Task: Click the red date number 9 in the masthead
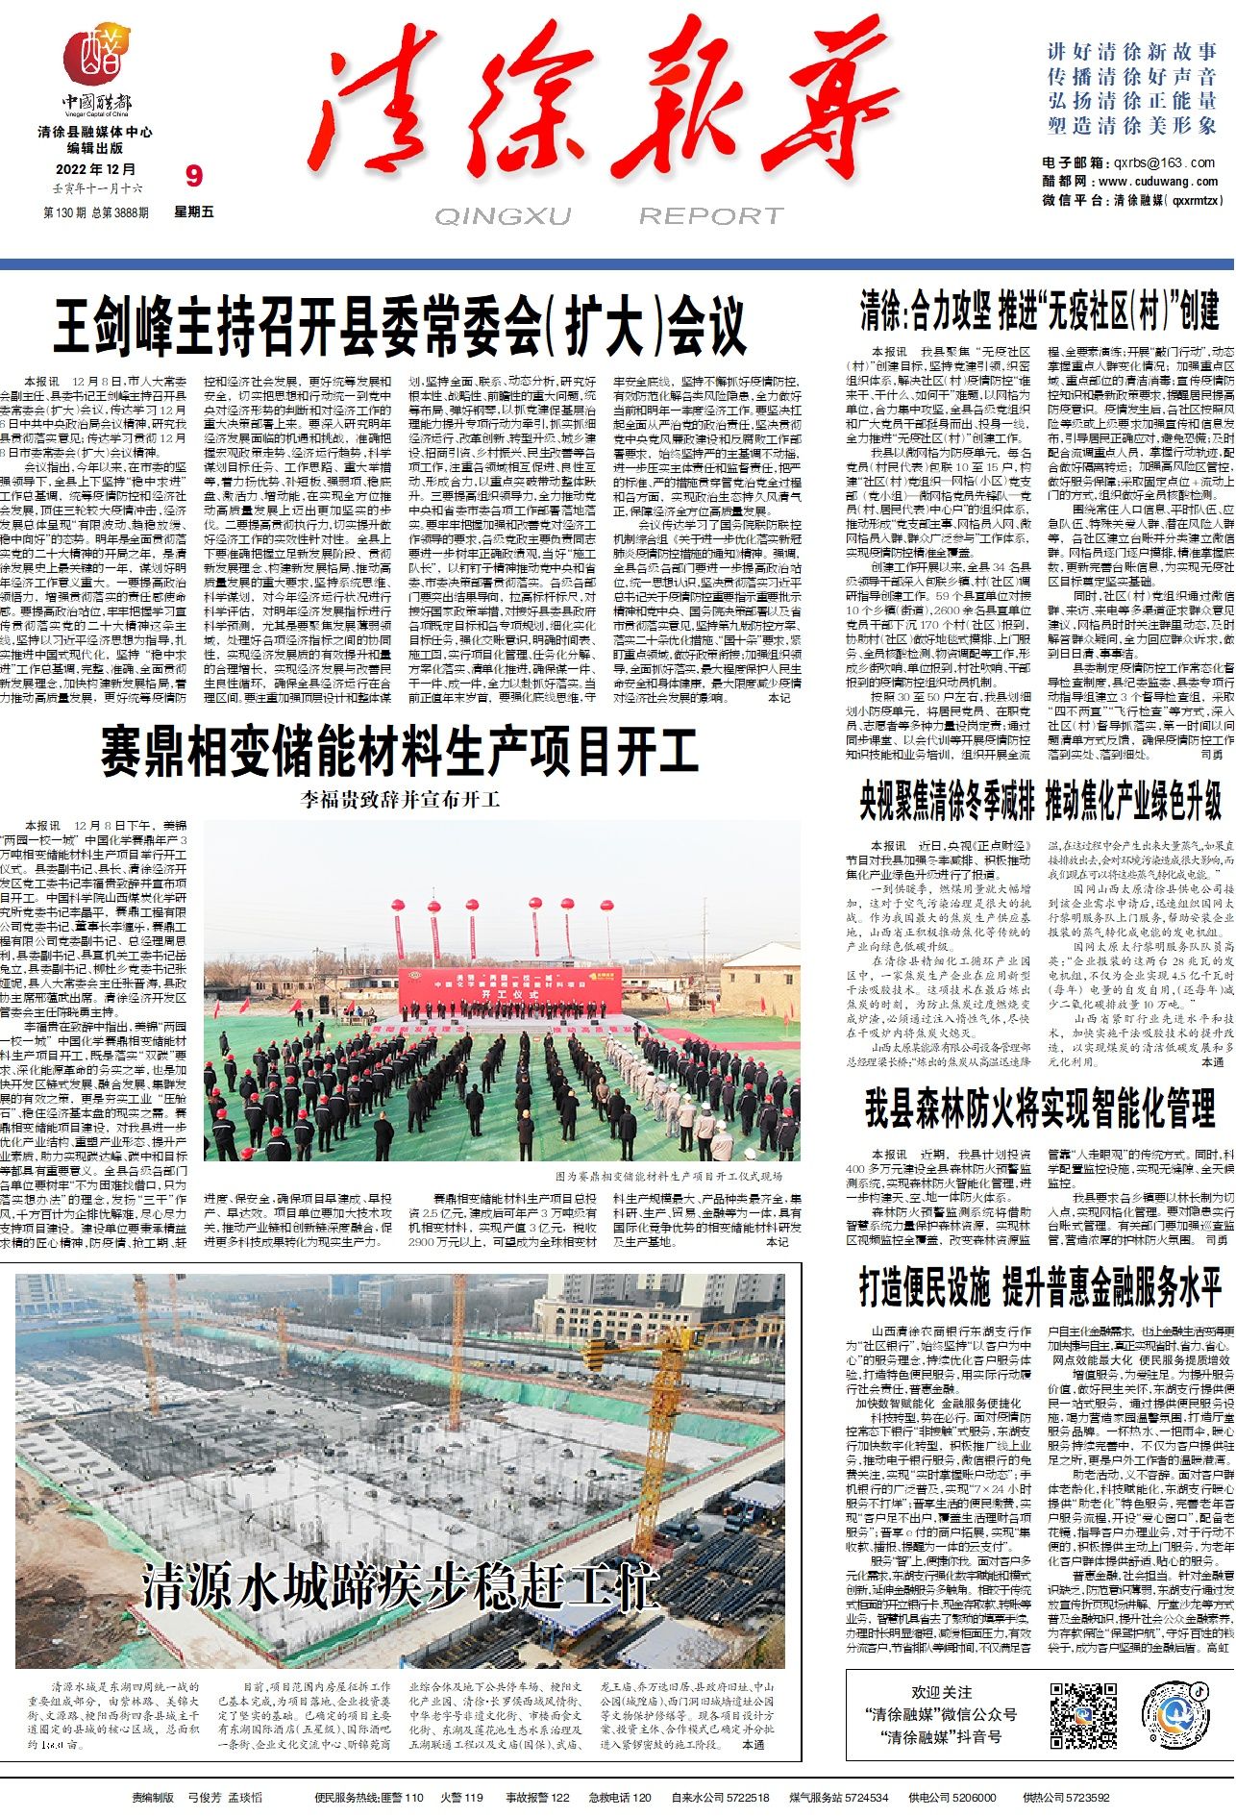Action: pos(194,176)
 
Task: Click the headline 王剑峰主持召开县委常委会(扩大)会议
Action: pos(399,327)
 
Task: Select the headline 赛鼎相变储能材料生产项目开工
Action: pos(399,752)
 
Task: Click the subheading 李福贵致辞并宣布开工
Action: pos(400,800)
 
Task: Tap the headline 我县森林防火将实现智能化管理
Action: pos(1039,1108)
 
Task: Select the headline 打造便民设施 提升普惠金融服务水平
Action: pos(1039,1287)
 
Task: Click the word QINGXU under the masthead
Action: pos(502,216)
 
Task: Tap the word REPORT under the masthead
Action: pos(711,216)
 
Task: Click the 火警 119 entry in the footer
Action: pos(461,1797)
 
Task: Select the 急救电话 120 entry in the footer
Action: pos(620,1797)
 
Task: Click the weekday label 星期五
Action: pos(194,212)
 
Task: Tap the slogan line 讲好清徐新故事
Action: pos(1132,51)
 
